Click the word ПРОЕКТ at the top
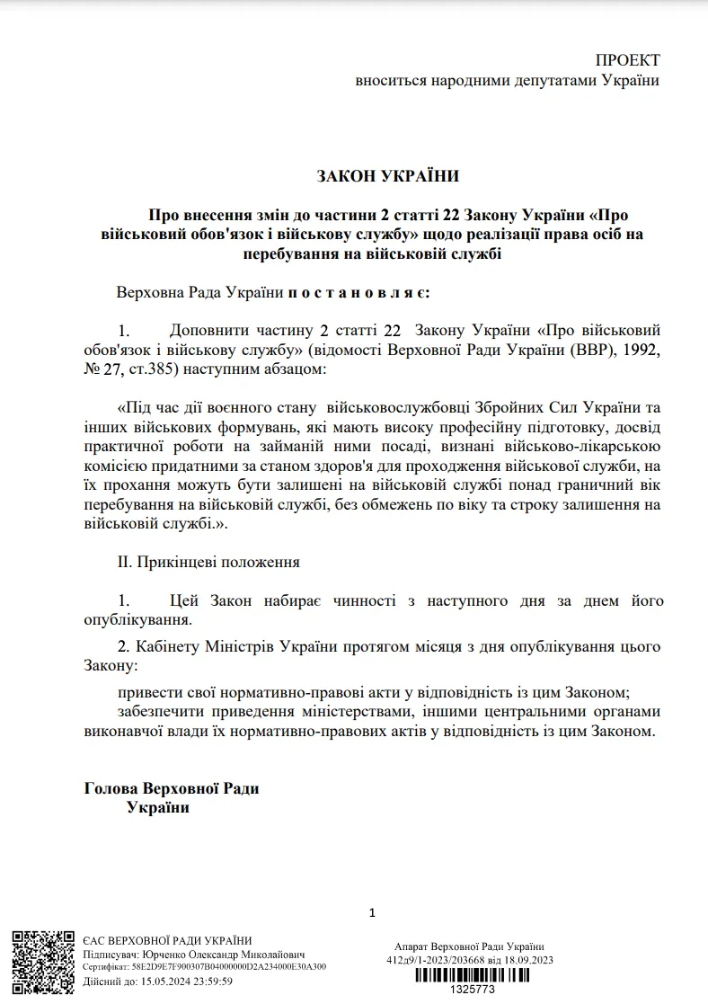point(627,60)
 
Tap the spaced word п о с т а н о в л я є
point(358,293)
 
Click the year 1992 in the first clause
point(642,350)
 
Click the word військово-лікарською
point(587,448)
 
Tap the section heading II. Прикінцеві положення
point(208,562)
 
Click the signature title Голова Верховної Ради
point(172,788)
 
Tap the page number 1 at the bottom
point(372,913)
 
